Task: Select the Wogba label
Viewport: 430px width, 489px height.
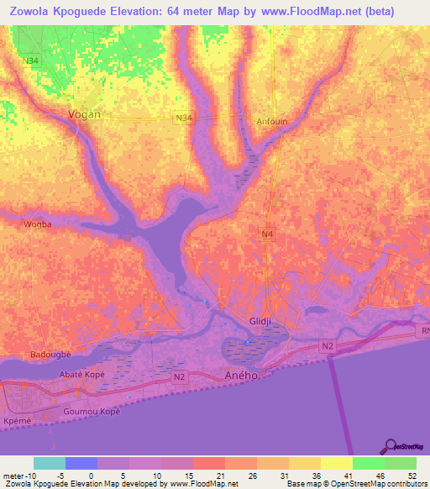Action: [38, 224]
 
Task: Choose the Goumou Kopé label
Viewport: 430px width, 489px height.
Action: [92, 412]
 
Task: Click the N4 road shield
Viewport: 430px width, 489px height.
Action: [267, 233]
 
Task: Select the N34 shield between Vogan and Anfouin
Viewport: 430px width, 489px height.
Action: [184, 118]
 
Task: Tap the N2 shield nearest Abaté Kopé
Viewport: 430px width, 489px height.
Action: [178, 378]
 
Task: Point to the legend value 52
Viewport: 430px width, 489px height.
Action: [411, 476]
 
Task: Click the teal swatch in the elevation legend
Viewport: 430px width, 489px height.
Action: [49, 463]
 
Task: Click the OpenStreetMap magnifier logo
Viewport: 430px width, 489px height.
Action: [389, 445]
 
